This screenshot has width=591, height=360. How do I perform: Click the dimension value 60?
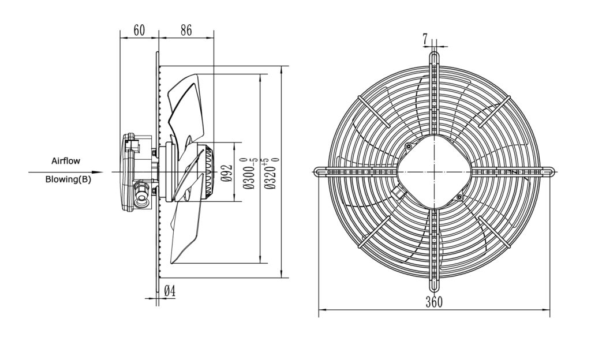click(139, 30)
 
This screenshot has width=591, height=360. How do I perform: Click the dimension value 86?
click(186, 30)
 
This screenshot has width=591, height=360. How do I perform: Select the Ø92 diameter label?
click(226, 173)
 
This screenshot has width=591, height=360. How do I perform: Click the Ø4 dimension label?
click(170, 291)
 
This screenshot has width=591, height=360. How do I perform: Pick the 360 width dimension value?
click(434, 302)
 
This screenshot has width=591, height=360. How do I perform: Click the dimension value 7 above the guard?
click(425, 39)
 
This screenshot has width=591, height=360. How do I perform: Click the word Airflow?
click(66, 161)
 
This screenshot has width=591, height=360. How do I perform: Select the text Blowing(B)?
click(68, 179)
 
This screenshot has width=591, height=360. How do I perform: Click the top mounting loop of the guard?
click(435, 58)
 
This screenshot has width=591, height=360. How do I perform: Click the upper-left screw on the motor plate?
click(409, 147)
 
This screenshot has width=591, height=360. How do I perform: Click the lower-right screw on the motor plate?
click(459, 197)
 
